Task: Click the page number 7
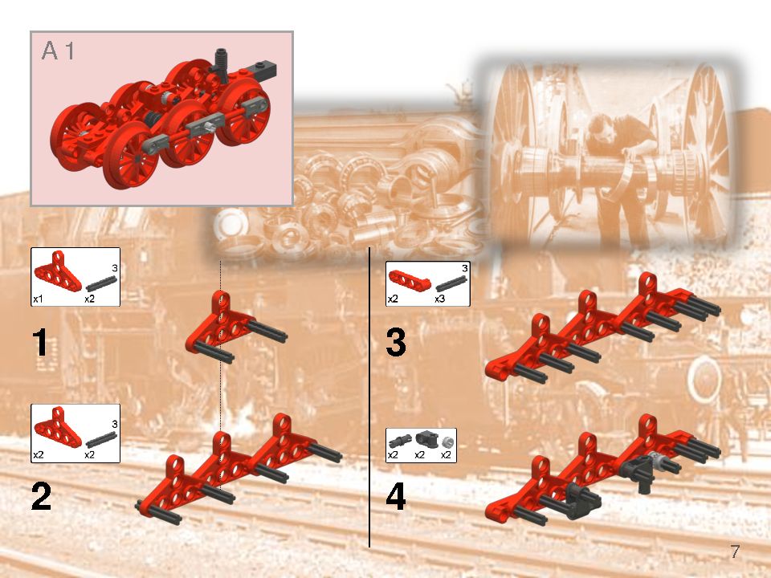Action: pos(735,552)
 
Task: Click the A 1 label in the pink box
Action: pos(59,51)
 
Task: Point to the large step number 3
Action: pos(396,344)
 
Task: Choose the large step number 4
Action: pos(396,498)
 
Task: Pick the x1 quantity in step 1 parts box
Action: pos(38,298)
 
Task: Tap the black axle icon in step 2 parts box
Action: pos(102,438)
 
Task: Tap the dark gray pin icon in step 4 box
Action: pos(399,440)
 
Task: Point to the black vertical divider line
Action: pos(369,401)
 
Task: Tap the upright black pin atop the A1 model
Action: pos(219,62)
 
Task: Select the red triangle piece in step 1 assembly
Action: pos(214,325)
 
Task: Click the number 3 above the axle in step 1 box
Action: pos(115,267)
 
